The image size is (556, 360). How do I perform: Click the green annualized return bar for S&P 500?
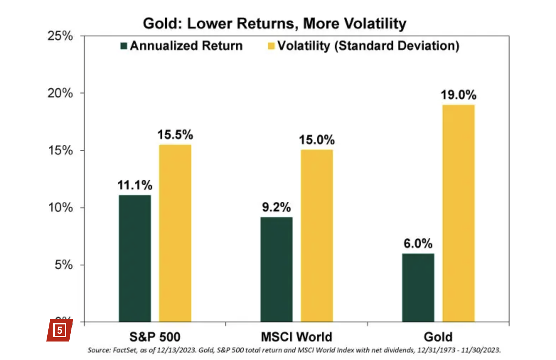coord(135,258)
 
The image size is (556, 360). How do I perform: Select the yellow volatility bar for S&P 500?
coord(175,233)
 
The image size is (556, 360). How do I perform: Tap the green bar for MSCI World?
coord(276,269)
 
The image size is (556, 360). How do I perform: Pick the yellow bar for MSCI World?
coord(317,235)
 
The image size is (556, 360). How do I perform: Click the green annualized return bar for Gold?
coord(418,287)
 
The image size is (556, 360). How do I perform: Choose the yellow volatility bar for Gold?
coord(458,213)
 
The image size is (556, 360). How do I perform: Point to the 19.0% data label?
coord(458,95)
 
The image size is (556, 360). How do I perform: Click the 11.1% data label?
coord(135,185)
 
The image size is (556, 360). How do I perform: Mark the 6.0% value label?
coord(418,244)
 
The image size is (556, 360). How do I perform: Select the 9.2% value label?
coord(276,207)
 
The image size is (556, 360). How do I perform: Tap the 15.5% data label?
coord(175,135)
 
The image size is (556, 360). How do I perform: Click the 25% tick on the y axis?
coord(60,36)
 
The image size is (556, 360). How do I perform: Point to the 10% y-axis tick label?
coord(60,208)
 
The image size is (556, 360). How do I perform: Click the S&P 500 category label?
coord(155,337)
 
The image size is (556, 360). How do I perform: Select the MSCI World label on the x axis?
coord(296,337)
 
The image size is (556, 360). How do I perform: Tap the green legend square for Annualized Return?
coord(124,46)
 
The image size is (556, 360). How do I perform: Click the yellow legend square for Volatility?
coord(271,46)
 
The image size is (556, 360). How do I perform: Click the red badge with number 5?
coord(59,330)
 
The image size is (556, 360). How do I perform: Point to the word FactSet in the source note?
coord(125,350)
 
